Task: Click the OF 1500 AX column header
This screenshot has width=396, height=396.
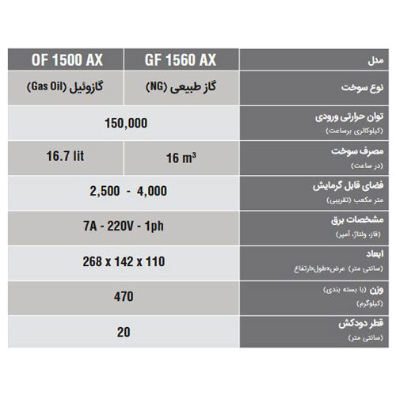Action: pyautogui.click(x=67, y=59)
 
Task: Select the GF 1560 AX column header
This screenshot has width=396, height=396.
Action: pyautogui.click(x=181, y=59)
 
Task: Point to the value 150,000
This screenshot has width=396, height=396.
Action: pyautogui.click(x=125, y=124)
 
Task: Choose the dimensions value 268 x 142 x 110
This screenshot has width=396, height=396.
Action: pyautogui.click(x=125, y=261)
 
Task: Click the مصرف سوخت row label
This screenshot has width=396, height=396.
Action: pyautogui.click(x=360, y=150)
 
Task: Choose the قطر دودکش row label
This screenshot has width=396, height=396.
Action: pyautogui.click(x=364, y=324)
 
